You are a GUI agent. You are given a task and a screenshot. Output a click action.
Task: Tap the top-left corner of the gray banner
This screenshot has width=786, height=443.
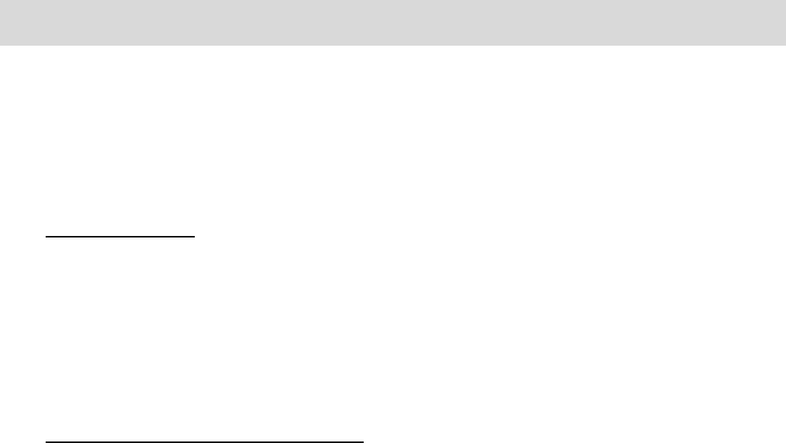[x=0, y=0]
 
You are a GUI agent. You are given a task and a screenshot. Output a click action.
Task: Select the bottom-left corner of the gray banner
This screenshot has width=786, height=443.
[x=0, y=44]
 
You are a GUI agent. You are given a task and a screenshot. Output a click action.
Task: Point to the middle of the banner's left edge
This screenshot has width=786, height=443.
[x=0, y=22]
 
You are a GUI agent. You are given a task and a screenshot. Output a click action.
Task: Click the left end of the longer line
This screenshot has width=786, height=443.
[x=46, y=441]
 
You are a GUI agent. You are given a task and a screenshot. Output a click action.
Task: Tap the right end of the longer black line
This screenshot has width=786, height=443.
[x=364, y=441]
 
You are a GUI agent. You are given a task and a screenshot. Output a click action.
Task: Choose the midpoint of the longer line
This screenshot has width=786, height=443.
[x=205, y=441]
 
